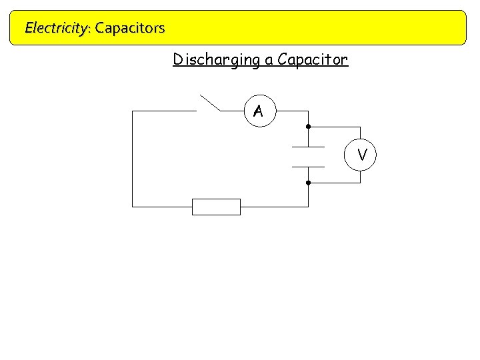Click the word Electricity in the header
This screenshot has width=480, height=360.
[x=55, y=28]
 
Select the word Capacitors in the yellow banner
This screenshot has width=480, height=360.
[x=130, y=28]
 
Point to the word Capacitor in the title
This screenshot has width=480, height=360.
[x=313, y=60]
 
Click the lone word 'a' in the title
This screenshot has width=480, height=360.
[x=269, y=61]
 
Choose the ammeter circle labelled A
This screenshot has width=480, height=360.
[x=258, y=111]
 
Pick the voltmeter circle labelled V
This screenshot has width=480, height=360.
[x=361, y=155]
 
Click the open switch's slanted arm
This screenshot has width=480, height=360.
[x=209, y=102]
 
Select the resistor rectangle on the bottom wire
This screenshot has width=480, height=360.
[x=216, y=207]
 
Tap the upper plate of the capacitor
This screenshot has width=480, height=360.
[x=308, y=147]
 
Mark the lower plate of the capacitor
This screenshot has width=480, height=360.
[x=308, y=166]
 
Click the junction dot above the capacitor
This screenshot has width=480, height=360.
[x=308, y=127]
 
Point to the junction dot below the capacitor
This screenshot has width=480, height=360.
[x=308, y=183]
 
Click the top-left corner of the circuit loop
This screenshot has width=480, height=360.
[x=133, y=111]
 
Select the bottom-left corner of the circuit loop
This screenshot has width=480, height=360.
[x=133, y=207]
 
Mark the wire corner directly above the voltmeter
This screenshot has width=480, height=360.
[x=360, y=127]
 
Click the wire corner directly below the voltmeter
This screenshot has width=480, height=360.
[x=360, y=183]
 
